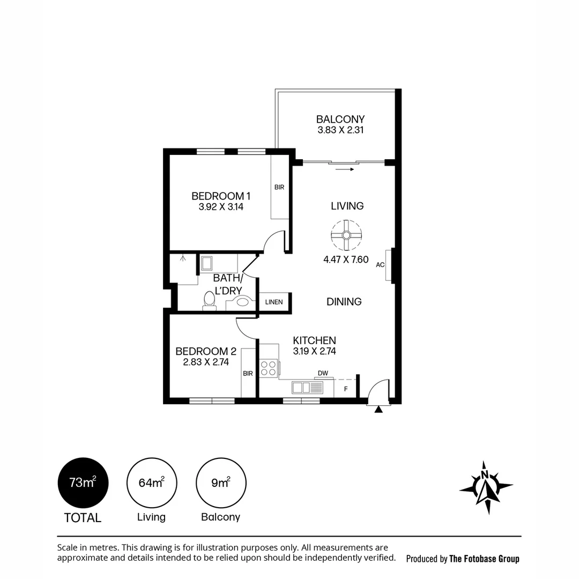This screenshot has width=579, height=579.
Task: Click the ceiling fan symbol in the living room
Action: point(346,235)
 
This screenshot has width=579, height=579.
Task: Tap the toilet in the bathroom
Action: point(210,300)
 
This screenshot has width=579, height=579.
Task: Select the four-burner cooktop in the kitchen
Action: point(269,368)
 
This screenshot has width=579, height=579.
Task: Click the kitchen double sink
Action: point(307,388)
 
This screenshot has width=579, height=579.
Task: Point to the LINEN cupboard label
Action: point(274,302)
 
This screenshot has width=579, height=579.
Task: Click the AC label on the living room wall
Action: point(380,265)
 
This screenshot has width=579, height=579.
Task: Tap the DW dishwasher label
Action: point(323,373)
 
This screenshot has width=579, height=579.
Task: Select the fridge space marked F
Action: point(346,389)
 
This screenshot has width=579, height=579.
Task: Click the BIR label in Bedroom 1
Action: point(279,187)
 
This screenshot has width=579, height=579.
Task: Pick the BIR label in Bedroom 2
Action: point(248,373)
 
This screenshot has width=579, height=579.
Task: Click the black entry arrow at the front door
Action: point(378,409)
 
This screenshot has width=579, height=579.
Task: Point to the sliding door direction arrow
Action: point(345,169)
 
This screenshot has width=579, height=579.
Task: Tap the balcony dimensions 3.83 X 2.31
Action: point(340,130)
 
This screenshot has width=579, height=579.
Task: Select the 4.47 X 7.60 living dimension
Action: point(346,259)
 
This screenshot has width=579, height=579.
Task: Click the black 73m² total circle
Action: point(83,483)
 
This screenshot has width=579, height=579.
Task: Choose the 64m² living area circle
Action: point(152,483)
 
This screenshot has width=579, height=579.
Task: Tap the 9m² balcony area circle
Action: point(221,483)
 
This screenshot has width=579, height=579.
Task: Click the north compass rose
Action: point(486,487)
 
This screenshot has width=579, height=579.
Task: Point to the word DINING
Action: point(344,302)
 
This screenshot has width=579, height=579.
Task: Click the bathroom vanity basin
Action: point(241,303)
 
